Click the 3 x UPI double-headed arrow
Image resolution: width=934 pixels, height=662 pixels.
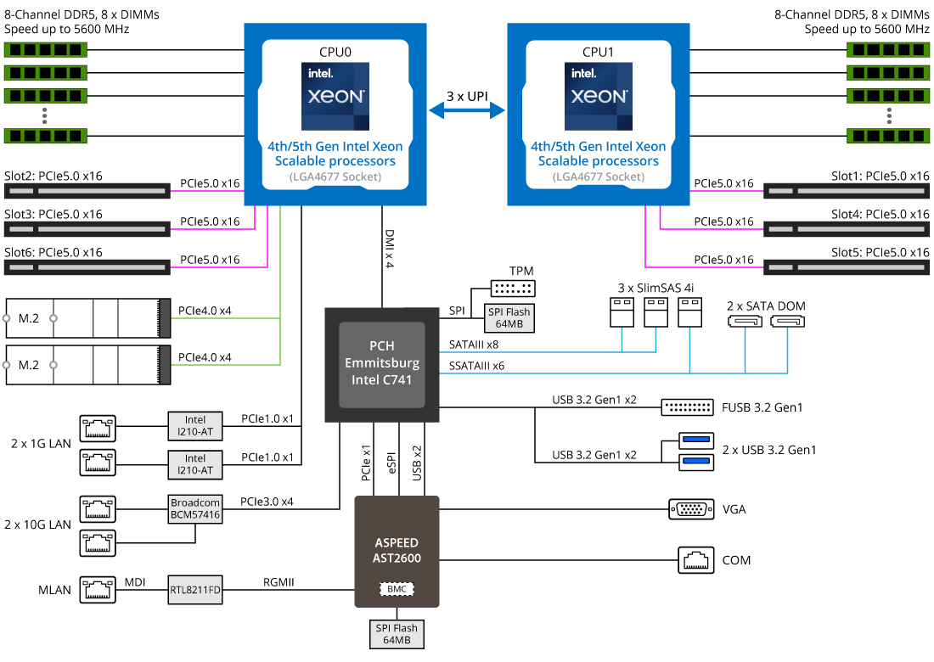pyautogui.click(x=466, y=110)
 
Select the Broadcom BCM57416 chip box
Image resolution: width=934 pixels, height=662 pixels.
pyautogui.click(x=195, y=508)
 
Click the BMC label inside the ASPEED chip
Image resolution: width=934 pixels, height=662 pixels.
pyautogui.click(x=397, y=588)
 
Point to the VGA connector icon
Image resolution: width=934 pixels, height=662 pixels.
pyautogui.click(x=690, y=509)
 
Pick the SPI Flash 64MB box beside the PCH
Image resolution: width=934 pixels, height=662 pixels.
pyautogui.click(x=509, y=318)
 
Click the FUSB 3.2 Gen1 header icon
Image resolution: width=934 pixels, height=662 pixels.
pyautogui.click(x=687, y=407)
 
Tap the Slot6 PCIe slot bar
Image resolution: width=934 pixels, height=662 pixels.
pyautogui.click(x=87, y=266)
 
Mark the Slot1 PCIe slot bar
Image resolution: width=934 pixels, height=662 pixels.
pyautogui.click(x=847, y=190)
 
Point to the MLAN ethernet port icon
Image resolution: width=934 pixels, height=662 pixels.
pyautogui.click(x=98, y=589)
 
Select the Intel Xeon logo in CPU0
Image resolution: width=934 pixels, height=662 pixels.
pyautogui.click(x=335, y=94)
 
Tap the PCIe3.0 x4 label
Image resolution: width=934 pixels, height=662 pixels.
pyautogui.click(x=267, y=502)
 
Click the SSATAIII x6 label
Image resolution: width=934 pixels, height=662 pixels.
pyautogui.click(x=476, y=366)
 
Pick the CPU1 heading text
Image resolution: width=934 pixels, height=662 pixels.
pyautogui.click(x=598, y=52)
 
